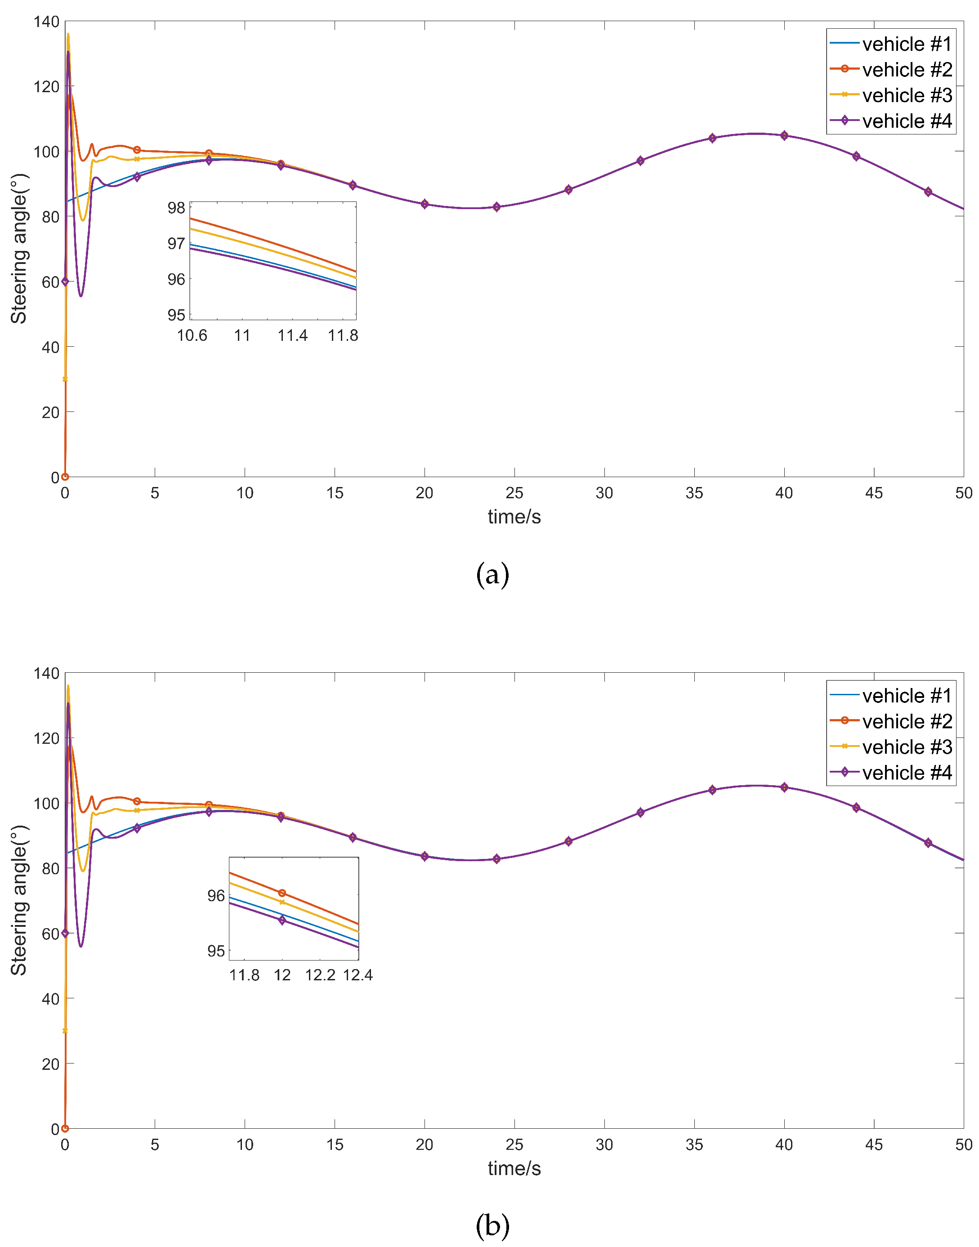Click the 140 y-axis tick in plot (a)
point(46,22)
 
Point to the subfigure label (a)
point(492,574)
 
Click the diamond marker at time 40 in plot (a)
point(784,136)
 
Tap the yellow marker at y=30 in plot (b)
point(65,1031)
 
